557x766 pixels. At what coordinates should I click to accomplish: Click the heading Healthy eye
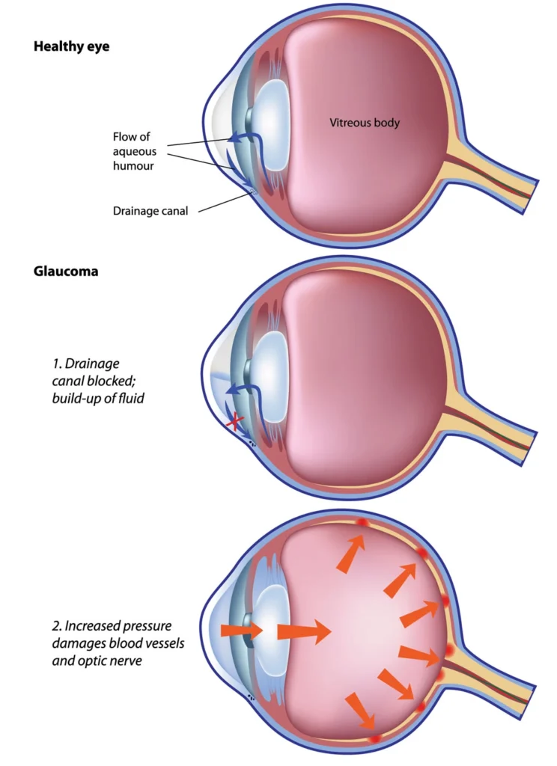71,47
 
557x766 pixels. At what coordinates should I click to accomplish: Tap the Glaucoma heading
66,271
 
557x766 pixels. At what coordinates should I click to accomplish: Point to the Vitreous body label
365,123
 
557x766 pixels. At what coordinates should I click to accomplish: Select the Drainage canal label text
150,211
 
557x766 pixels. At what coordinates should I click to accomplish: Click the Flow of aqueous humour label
134,151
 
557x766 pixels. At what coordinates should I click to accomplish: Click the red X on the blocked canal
235,422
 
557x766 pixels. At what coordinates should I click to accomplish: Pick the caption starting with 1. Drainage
98,381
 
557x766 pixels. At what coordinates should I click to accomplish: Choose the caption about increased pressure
118,643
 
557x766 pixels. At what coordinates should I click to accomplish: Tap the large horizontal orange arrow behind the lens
304,631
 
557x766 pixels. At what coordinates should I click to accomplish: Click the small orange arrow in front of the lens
242,631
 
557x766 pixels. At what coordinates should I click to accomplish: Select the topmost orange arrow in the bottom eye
352,552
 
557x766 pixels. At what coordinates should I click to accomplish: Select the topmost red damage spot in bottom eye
362,521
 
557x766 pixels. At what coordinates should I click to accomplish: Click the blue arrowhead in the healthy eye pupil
234,138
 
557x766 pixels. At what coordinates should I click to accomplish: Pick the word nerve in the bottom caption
127,661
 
